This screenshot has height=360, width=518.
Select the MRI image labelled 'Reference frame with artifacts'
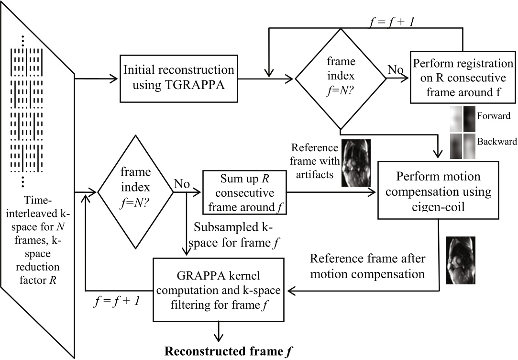click(x=356, y=163)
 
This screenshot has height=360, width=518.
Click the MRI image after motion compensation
click(x=461, y=260)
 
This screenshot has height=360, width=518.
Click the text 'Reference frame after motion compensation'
click(x=367, y=266)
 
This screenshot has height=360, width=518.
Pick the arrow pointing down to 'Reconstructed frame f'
click(x=219, y=331)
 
